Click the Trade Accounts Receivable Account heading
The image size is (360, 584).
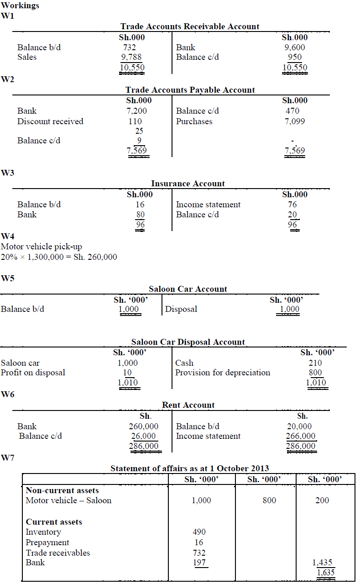tap(189, 26)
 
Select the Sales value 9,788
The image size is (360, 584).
tap(131, 57)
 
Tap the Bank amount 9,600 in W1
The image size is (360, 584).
tap(294, 47)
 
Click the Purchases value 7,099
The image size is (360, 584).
tap(294, 121)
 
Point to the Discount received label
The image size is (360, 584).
tap(50, 121)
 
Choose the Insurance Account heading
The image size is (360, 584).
tap(188, 184)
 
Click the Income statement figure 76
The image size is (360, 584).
tap(292, 205)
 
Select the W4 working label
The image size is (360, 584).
tap(8, 237)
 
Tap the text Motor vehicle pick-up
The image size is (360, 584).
tap(42, 247)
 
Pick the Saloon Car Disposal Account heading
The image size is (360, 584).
tap(188, 342)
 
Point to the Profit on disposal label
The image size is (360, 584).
tap(33, 373)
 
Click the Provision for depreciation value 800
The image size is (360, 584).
tap(315, 373)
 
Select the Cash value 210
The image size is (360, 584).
tap(315, 363)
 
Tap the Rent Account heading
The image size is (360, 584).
tap(188, 405)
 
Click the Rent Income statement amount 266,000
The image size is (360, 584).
tap(301, 436)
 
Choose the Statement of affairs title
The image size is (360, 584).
tap(189, 468)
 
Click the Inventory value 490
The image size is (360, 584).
tap(199, 532)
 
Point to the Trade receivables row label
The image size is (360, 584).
tap(57, 553)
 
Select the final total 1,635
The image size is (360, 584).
tap(325, 572)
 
